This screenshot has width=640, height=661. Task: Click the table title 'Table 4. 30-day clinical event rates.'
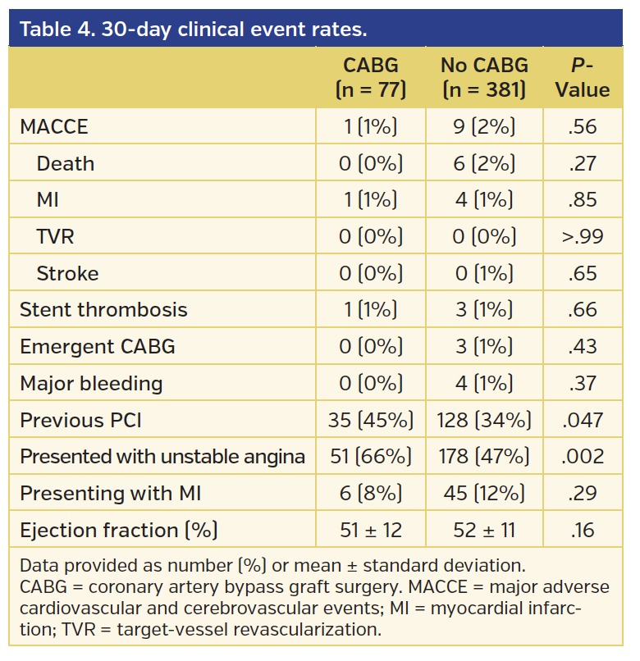(x=193, y=30)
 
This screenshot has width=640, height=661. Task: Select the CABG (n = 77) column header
(x=371, y=77)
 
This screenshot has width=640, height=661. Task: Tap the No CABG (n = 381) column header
(x=484, y=77)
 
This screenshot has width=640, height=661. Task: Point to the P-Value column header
(x=582, y=77)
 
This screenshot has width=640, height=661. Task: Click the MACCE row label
(x=53, y=127)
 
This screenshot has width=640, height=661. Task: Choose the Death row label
(x=66, y=164)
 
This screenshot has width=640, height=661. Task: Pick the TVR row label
(x=56, y=237)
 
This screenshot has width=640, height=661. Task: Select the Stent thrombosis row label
(x=103, y=310)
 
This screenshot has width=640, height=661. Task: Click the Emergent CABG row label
(x=98, y=347)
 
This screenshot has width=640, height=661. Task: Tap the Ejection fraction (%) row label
(x=118, y=531)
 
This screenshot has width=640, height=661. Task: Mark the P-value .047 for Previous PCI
(x=582, y=421)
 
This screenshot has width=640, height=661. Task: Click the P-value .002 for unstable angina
(x=582, y=457)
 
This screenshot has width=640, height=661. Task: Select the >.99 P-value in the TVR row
(x=582, y=237)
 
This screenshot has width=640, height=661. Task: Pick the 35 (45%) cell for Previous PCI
(x=371, y=421)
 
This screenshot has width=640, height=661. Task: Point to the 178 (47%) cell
(x=484, y=457)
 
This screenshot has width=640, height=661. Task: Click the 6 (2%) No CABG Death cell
(x=484, y=164)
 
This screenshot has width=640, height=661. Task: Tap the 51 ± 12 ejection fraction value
(x=371, y=531)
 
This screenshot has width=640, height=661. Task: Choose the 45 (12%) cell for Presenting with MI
(x=484, y=494)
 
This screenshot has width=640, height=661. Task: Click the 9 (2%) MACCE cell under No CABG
(x=484, y=127)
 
